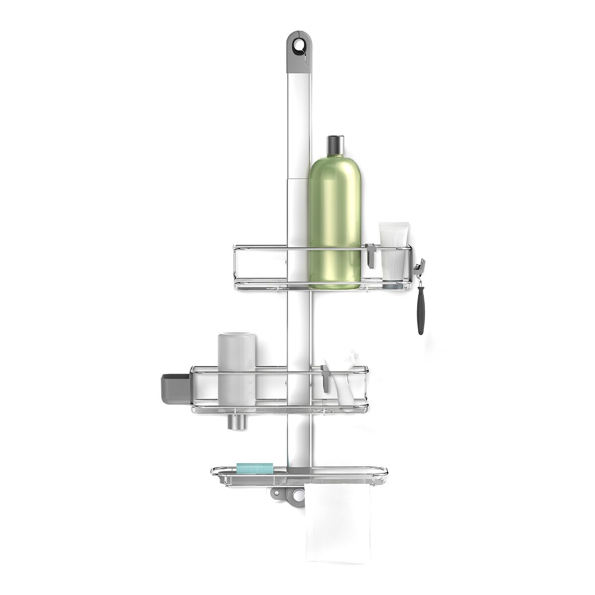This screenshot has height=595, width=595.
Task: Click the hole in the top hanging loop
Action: pyautogui.click(x=297, y=46)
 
